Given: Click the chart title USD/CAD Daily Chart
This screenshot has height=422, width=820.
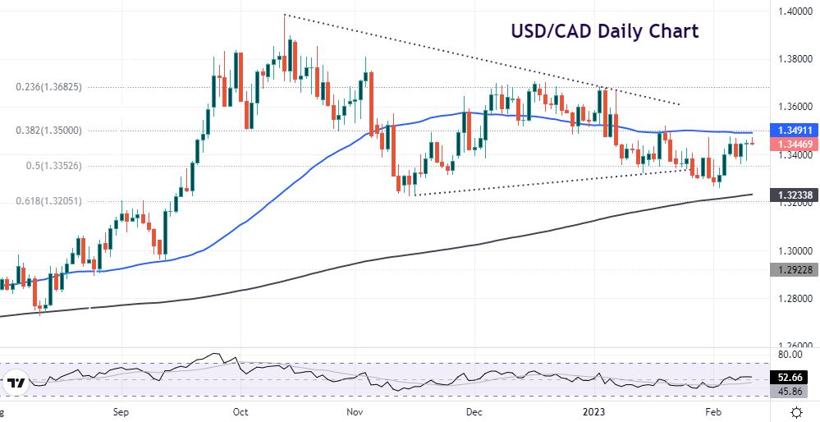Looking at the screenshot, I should [x=604, y=32].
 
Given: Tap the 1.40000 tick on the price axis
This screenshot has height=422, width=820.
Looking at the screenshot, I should [x=795, y=11].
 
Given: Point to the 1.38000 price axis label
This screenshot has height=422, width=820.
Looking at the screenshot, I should [x=795, y=59].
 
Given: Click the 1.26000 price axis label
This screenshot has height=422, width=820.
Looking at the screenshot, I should [x=795, y=346].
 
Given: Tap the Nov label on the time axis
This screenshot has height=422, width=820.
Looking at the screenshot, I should [x=354, y=411].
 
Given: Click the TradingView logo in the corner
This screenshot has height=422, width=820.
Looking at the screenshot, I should [x=16, y=383].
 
